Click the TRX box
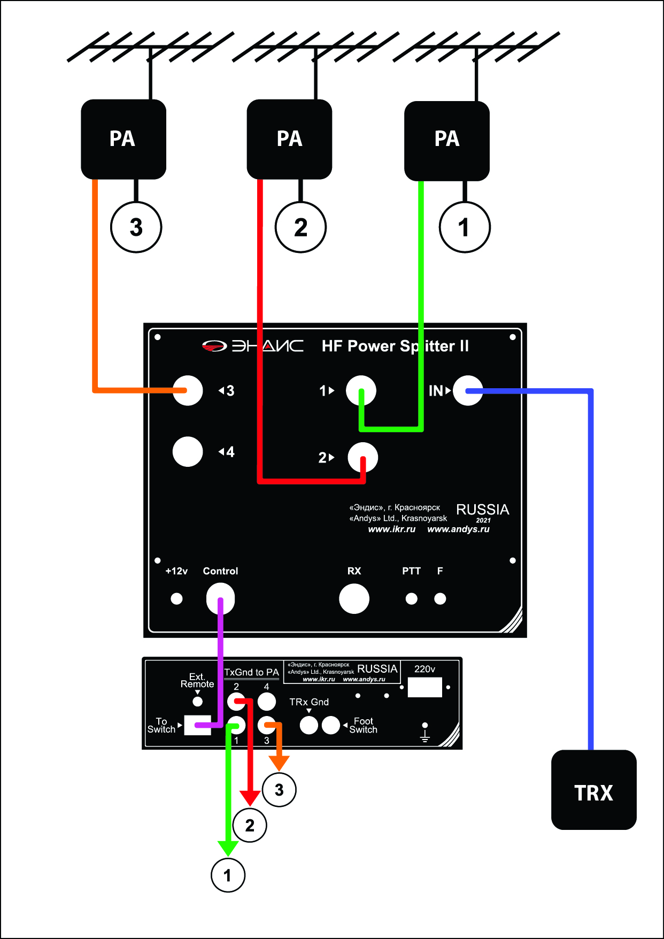point(593,790)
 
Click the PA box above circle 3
point(123,139)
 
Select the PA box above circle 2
point(289,139)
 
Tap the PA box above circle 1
point(447,141)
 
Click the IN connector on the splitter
point(468,390)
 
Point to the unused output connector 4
point(188,452)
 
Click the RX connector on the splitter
point(354,598)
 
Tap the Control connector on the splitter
point(220,598)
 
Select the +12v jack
point(176,599)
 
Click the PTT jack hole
point(411,599)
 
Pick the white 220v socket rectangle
point(424,687)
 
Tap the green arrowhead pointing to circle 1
point(228,848)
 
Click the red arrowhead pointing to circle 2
point(250,798)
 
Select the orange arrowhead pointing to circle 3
point(279,763)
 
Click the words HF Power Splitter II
point(395,346)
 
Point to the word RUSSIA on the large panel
point(482,509)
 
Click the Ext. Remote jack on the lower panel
point(197,701)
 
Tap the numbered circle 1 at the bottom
point(228,875)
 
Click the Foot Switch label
point(364,725)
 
